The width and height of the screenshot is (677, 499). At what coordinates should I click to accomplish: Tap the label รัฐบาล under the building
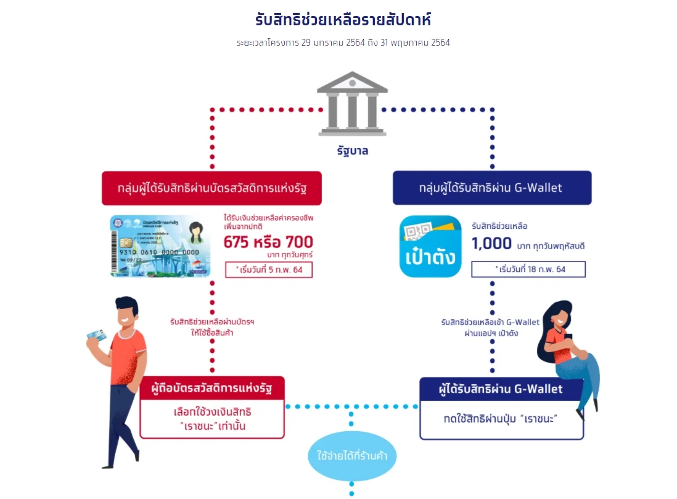pyautogui.click(x=352, y=151)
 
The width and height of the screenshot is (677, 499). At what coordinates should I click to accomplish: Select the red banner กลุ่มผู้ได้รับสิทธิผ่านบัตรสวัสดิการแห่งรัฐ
pyautogui.click(x=211, y=188)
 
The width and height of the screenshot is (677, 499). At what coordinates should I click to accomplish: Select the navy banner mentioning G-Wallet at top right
pyautogui.click(x=491, y=188)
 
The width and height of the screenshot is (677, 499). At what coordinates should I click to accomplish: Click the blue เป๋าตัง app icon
pyautogui.click(x=430, y=246)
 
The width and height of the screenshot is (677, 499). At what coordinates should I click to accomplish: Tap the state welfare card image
pyautogui.click(x=160, y=245)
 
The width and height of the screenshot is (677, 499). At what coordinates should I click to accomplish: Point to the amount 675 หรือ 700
pyautogui.click(x=268, y=241)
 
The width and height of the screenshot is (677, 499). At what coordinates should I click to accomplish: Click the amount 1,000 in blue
pyautogui.click(x=491, y=244)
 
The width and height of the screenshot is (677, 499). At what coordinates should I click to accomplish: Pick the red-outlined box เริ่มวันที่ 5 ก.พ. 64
pyautogui.click(x=268, y=270)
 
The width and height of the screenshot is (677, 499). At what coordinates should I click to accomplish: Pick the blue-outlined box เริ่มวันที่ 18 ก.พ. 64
pyautogui.click(x=528, y=270)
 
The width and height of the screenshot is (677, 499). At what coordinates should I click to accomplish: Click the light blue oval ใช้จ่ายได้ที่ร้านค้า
pyautogui.click(x=351, y=457)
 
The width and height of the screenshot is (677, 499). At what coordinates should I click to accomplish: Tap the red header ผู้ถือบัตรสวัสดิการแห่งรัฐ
pyautogui.click(x=211, y=389)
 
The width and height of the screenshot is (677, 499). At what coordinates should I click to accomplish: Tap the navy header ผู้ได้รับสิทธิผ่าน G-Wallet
pyautogui.click(x=500, y=389)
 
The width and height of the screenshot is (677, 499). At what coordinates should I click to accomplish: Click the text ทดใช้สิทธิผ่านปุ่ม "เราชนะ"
pyautogui.click(x=500, y=419)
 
